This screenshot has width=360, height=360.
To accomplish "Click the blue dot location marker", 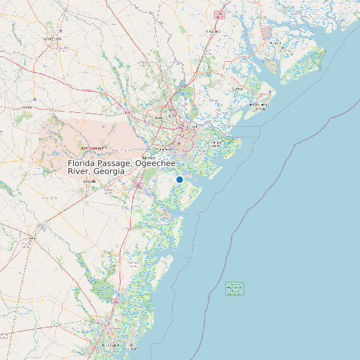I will click(x=179, y=179).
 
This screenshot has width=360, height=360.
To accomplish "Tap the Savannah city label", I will click(x=191, y=126).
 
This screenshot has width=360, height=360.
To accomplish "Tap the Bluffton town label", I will click(x=237, y=88).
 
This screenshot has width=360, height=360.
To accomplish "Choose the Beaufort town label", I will click(x=275, y=42).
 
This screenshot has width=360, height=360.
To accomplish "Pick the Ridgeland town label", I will click(x=213, y=31).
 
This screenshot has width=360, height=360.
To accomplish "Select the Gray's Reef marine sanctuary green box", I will click(x=234, y=289).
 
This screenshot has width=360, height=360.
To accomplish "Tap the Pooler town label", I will click(x=158, y=119).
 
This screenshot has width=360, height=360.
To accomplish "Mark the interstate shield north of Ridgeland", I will click(x=220, y=14).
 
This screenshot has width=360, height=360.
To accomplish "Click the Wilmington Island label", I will click(x=214, y=142).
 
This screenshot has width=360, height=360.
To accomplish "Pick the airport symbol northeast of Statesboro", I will click(x=62, y=31).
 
